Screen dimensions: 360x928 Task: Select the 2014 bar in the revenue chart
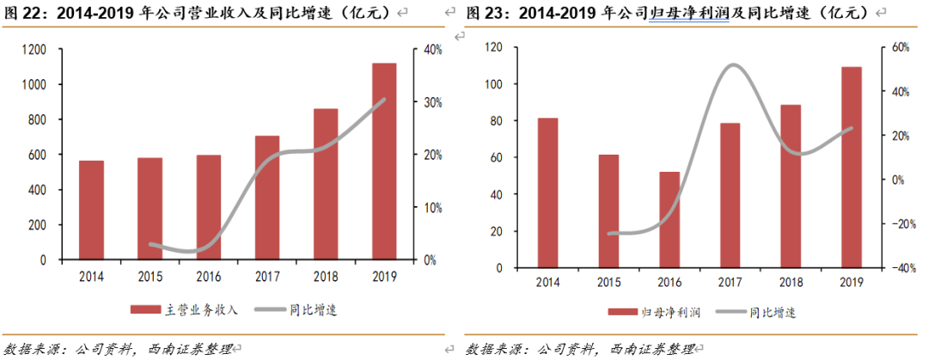(91, 210)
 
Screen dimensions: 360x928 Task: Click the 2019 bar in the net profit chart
(851, 167)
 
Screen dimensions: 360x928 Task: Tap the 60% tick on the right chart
(896, 47)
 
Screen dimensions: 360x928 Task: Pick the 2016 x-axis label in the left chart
(208, 276)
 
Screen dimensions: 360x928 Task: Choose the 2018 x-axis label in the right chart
(790, 283)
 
